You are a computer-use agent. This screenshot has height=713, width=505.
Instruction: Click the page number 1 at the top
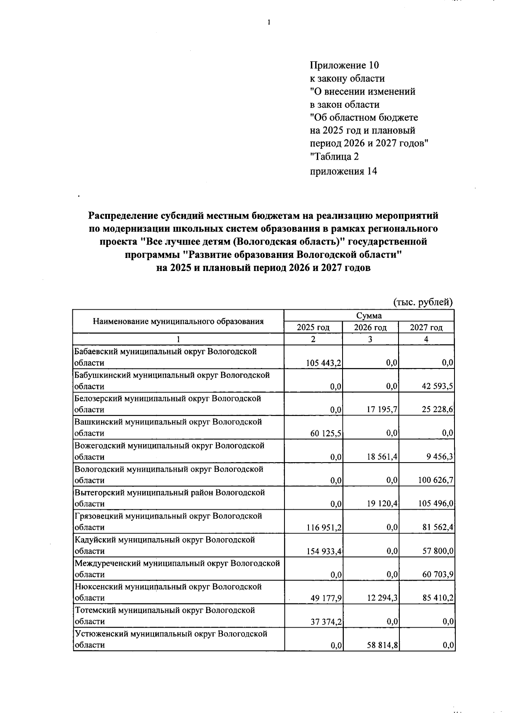tap(268, 23)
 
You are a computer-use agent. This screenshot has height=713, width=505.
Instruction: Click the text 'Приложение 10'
tap(344, 66)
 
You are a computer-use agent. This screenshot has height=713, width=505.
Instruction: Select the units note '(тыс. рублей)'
tap(423, 302)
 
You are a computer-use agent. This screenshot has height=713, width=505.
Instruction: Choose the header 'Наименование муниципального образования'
tap(178, 322)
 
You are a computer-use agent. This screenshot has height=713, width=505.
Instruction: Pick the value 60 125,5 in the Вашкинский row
tap(325, 433)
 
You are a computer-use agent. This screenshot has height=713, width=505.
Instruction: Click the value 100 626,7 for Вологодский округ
tap(436, 480)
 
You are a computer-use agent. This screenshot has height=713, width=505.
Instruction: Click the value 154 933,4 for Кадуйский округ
tap(324, 551)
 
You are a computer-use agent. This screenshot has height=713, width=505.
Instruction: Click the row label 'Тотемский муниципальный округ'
tap(165, 610)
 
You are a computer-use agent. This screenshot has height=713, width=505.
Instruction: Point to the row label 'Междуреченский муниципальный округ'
tap(177, 563)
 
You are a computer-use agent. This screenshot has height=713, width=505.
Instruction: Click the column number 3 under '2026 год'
tap(370, 339)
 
